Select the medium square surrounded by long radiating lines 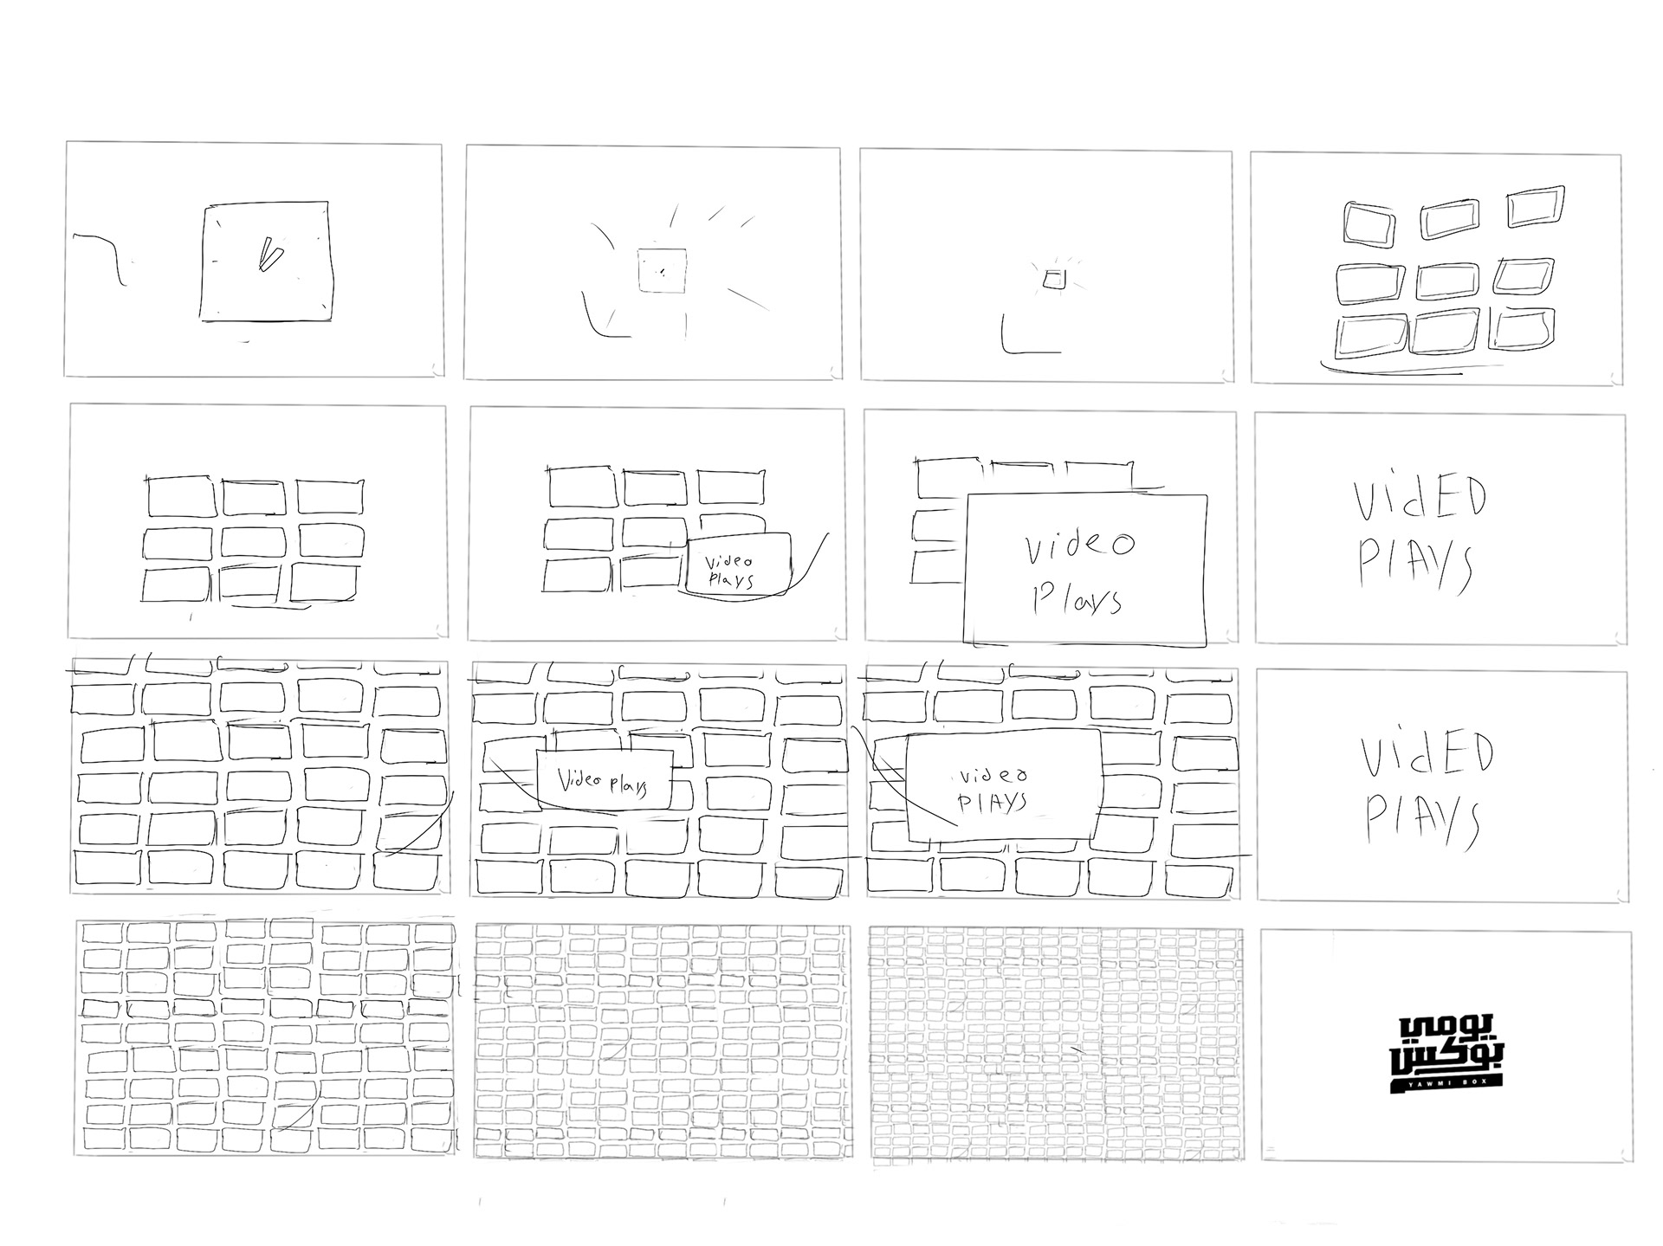click(662, 269)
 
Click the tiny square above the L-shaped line click(1053, 279)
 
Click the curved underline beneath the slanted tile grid click(1391, 371)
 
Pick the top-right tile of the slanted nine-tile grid click(1536, 205)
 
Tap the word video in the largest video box click(1079, 545)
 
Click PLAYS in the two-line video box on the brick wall click(993, 802)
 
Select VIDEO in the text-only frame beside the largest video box click(1420, 500)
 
